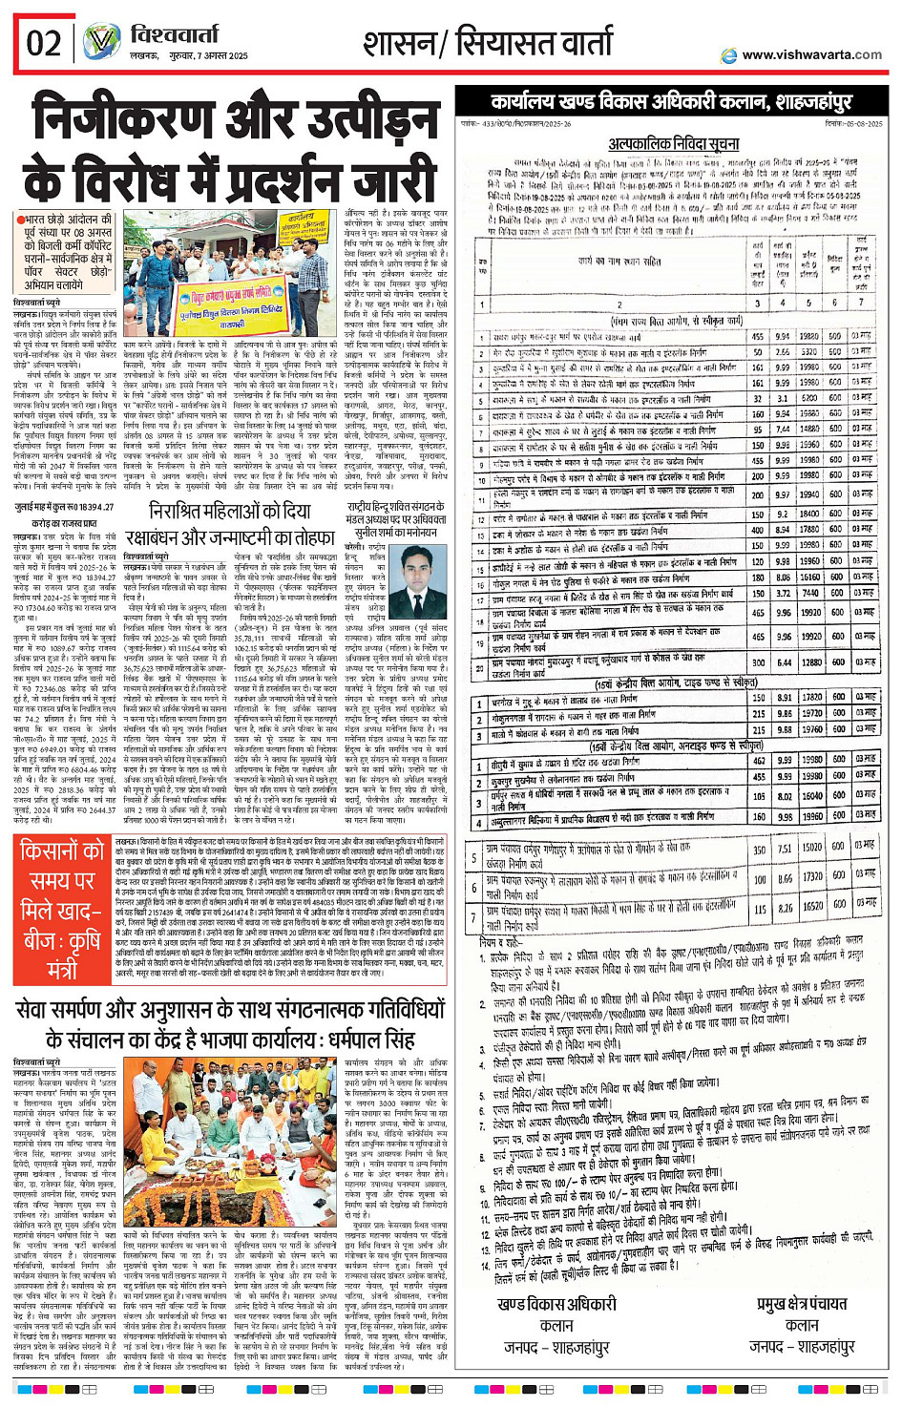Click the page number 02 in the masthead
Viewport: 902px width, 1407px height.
click(44, 44)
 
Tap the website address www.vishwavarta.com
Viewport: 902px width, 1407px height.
click(811, 55)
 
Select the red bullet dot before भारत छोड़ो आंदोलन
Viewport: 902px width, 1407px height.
click(18, 220)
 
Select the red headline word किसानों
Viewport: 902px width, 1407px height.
click(62, 850)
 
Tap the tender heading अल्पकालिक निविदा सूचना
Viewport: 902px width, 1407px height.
click(673, 144)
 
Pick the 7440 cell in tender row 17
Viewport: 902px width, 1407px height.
click(809, 593)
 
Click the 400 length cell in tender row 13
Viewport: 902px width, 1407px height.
click(757, 530)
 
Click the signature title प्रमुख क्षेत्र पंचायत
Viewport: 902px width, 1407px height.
click(802, 1305)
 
